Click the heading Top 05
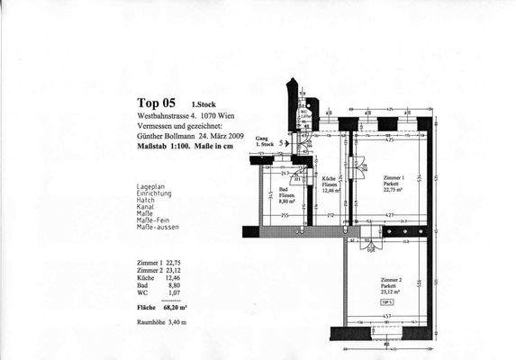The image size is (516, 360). [x=156, y=103]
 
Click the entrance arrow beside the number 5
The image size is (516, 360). [x=287, y=142]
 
